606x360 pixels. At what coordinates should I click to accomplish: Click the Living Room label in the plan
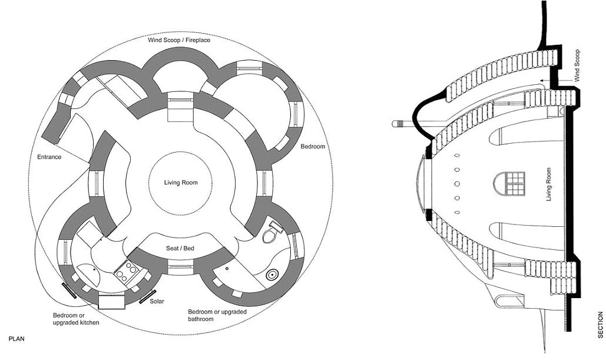pyautogui.click(x=180, y=183)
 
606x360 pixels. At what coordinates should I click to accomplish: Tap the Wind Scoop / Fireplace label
pyautogui.click(x=179, y=40)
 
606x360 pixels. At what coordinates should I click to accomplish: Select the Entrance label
pyautogui.click(x=49, y=157)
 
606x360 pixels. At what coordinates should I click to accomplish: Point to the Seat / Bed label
pyautogui.click(x=180, y=248)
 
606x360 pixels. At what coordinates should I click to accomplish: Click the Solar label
pyautogui.click(x=157, y=301)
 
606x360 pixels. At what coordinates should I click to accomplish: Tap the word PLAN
pyautogui.click(x=16, y=339)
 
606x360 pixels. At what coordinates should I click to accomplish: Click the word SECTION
pyautogui.click(x=600, y=325)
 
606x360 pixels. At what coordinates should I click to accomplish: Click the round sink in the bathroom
pyautogui.click(x=272, y=275)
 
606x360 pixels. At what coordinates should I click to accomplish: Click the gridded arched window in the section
pyautogui.click(x=509, y=184)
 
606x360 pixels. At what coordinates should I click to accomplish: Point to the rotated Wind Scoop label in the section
pyautogui.click(x=577, y=65)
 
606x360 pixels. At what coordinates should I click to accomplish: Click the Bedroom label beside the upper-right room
pyautogui.click(x=313, y=147)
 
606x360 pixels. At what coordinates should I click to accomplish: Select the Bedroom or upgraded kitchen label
pyautogui.click(x=76, y=319)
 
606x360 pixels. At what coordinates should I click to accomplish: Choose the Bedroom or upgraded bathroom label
pyautogui.click(x=217, y=316)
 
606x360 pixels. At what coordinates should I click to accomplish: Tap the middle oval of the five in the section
pyautogui.click(x=457, y=184)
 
